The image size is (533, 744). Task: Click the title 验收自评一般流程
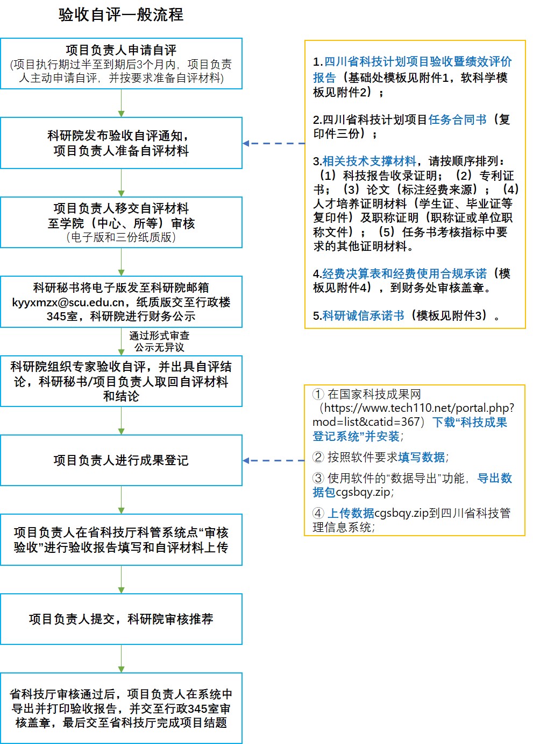click(121, 15)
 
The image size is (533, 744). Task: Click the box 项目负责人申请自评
click(121, 64)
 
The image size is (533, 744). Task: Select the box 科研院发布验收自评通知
click(121, 143)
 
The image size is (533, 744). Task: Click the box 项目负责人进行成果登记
click(121, 460)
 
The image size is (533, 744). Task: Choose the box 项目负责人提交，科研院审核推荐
click(121, 619)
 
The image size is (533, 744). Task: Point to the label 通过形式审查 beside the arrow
click(159, 335)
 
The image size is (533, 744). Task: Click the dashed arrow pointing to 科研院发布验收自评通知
click(274, 143)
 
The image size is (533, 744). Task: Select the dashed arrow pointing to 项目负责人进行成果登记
click(274, 460)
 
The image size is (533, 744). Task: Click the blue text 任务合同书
click(457, 119)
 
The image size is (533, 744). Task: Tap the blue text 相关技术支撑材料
click(369, 161)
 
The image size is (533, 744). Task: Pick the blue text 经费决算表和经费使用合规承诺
click(404, 273)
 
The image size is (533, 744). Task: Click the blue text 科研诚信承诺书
click(364, 315)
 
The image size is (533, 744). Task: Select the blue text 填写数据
click(422, 457)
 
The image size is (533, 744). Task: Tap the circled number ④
click(318, 513)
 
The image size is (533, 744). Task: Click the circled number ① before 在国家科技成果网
click(318, 394)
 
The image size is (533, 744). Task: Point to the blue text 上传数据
click(351, 513)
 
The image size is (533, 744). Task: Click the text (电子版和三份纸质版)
click(121, 237)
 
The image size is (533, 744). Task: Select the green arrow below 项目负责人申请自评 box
click(121, 103)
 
